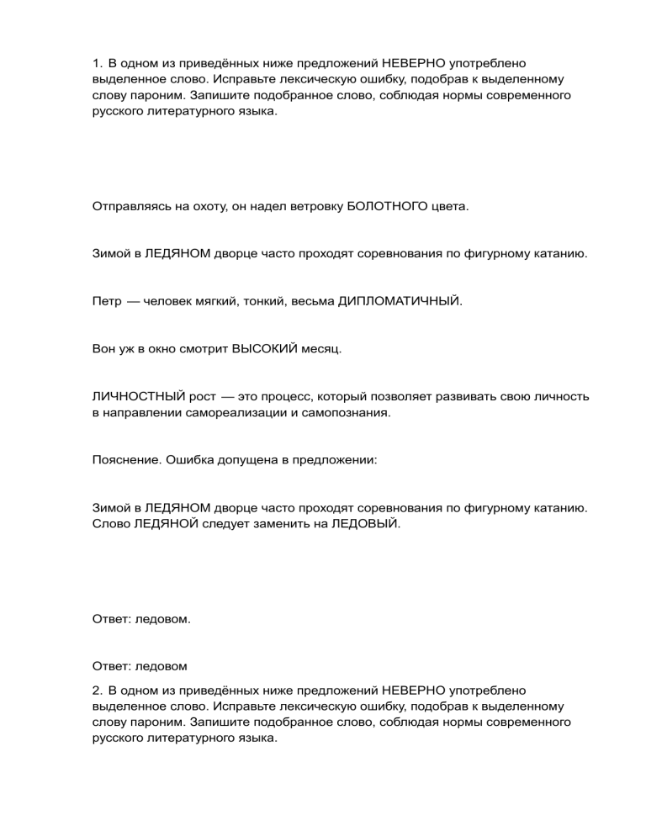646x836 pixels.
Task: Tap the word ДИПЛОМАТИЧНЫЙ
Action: (400, 300)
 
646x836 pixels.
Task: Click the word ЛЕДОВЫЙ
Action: (363, 525)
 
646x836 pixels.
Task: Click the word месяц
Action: (322, 347)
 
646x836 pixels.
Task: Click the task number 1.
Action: (96, 61)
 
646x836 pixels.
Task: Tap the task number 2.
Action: (96, 689)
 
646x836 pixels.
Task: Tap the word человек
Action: (171, 300)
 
